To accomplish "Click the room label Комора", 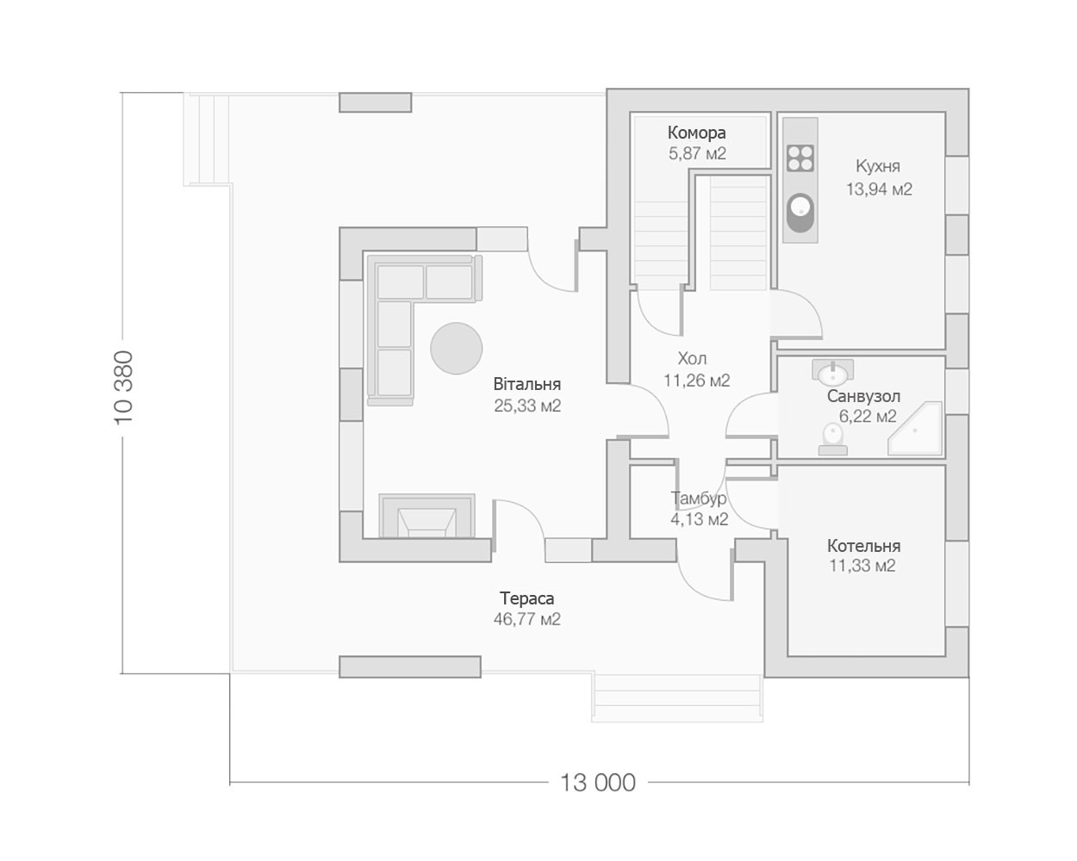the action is (697, 133).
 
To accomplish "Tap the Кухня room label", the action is (878, 166).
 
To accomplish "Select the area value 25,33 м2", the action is (527, 406).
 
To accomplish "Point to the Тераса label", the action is (527, 598).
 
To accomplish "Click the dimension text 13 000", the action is (598, 783).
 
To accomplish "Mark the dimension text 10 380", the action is (124, 388).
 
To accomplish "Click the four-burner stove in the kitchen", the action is (800, 158).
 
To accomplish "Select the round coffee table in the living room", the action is (456, 348).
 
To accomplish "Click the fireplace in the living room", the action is (426, 516).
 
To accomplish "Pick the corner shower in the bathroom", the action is (915, 428).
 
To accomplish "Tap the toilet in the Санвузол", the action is (833, 439).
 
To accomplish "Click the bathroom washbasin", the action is (833, 372).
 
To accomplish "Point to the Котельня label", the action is (863, 545).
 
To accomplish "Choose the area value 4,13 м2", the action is (699, 519).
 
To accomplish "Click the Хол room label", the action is (692, 358).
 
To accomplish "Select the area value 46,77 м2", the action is (527, 619).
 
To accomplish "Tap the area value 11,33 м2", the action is (862, 566).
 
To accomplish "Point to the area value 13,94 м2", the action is (880, 189).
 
